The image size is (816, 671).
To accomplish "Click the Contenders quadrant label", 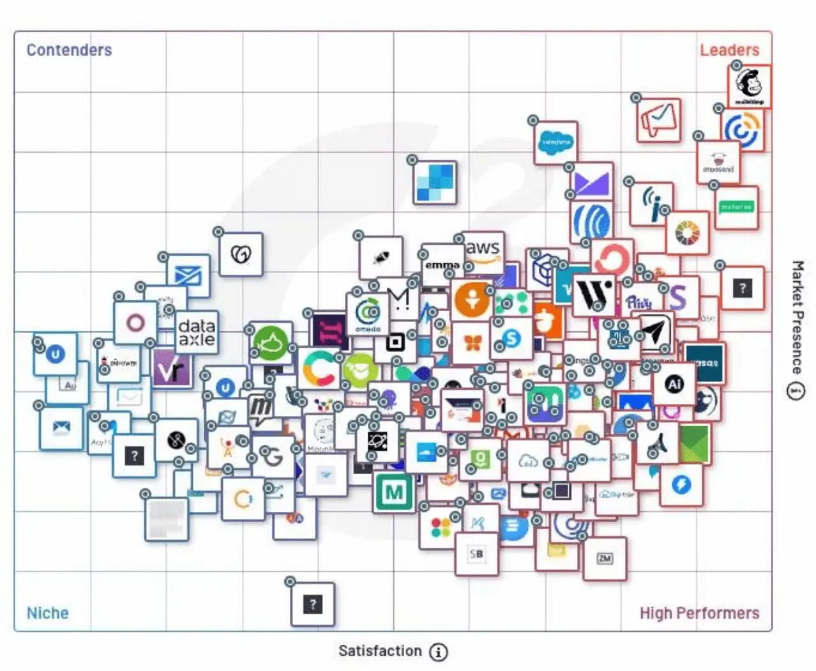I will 69,50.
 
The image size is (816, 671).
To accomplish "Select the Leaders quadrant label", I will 729,50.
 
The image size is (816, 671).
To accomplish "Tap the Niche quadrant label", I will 47,613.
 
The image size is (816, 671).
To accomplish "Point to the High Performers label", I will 699,613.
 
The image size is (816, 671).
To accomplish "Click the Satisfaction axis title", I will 380,651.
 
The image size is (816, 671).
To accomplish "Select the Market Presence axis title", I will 797,316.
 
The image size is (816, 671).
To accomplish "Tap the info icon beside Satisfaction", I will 438,652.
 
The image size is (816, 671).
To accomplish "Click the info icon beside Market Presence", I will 796,390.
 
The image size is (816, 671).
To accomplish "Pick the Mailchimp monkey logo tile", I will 750,86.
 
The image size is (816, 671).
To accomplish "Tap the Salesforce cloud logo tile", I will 555,143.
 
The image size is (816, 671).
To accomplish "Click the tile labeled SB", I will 476,554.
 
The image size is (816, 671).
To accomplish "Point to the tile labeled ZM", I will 605,559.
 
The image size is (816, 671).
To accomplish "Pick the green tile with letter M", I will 394,492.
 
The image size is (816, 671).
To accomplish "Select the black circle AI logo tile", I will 674,383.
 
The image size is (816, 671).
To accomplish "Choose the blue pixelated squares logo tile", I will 435,183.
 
